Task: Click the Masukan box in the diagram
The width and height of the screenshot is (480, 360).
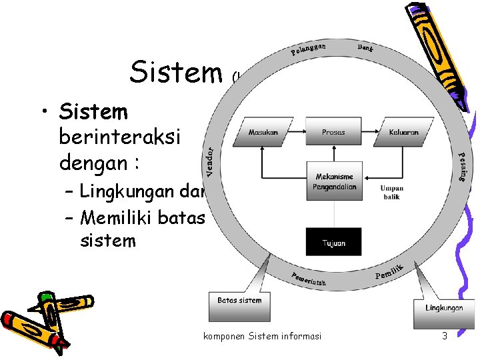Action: coord(263,132)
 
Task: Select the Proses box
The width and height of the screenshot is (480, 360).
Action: coord(333,132)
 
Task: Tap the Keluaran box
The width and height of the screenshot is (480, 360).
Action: coord(404,132)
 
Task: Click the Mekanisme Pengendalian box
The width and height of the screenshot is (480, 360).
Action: coord(335,181)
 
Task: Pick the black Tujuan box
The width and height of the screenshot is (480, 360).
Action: coord(333,243)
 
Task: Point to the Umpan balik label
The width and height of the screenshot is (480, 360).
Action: coord(392,193)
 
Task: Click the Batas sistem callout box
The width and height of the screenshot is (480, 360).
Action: coord(239,301)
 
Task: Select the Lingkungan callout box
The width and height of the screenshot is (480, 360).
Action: coord(444,307)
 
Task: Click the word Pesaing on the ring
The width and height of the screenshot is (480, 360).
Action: coord(461,167)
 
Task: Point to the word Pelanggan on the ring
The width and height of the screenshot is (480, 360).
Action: coord(308,49)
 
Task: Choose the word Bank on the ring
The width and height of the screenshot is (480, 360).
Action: coord(365,47)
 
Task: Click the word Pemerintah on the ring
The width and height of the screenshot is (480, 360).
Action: coord(308,279)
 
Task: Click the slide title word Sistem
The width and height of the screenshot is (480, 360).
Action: coord(175,72)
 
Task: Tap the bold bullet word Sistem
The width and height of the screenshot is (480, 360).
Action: coord(93,110)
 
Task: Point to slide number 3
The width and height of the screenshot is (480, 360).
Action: coord(445,336)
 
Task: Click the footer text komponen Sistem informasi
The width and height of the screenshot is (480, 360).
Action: coord(262,336)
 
